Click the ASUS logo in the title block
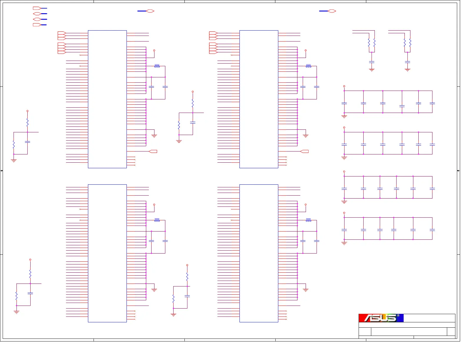click(381, 318)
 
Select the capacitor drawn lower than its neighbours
click(402, 106)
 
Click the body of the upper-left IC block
click(107, 99)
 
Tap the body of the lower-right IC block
click(259, 253)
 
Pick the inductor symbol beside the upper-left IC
click(157, 66)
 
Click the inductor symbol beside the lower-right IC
click(308, 220)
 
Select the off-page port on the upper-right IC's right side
click(305, 151)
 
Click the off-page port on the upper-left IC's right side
click(153, 151)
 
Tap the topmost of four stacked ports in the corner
click(37, 8)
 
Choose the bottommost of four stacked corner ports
click(37, 25)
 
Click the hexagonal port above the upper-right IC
click(332, 11)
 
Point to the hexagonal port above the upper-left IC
click(150, 11)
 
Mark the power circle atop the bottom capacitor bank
click(344, 213)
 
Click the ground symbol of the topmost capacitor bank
click(344, 117)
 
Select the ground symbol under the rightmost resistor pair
click(407, 70)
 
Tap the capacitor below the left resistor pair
click(372, 62)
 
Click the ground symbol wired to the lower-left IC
click(154, 290)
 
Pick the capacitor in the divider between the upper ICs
click(193, 122)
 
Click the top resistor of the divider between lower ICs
click(187, 276)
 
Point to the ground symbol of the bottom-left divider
click(16, 312)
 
